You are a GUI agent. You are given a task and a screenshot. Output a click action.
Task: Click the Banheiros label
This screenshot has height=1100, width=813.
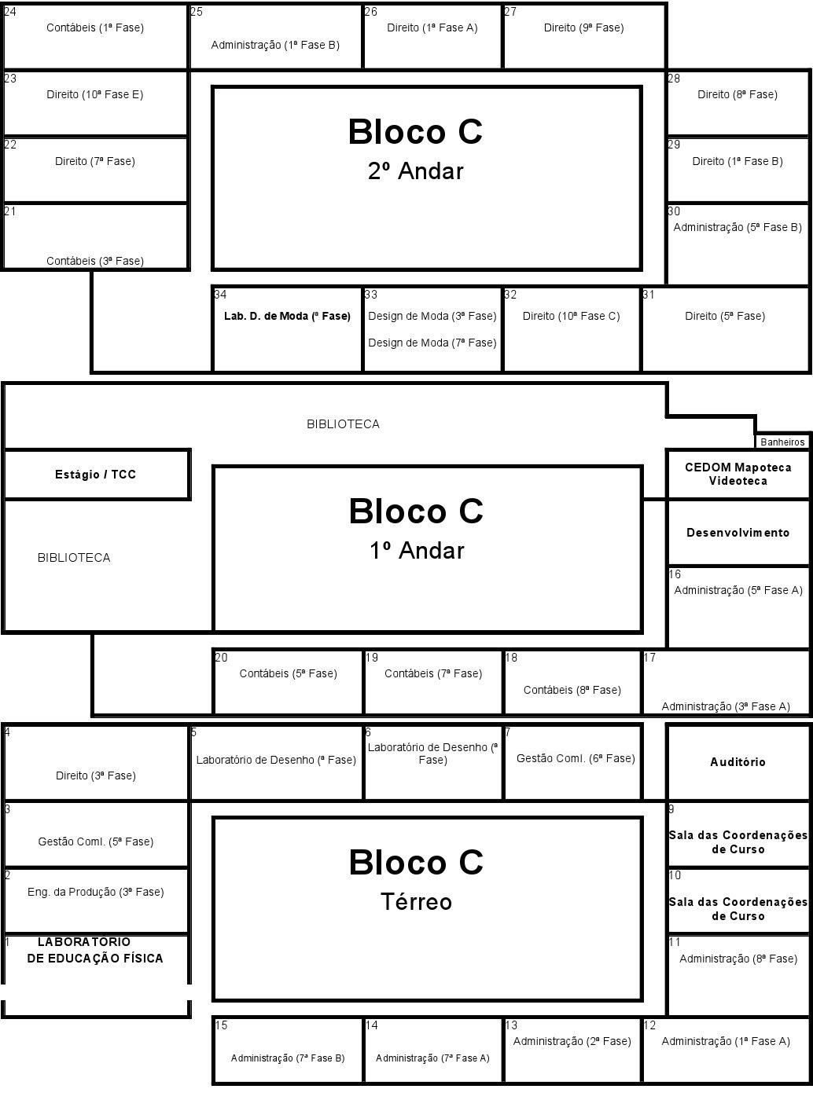782,442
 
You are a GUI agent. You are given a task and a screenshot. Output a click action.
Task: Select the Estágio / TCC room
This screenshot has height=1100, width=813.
95,475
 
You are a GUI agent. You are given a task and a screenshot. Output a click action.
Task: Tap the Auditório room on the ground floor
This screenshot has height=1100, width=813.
738,762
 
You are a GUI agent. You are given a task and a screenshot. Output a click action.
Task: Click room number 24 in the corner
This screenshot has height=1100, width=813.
10,12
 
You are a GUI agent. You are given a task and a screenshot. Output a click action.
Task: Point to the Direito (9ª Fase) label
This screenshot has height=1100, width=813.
583,27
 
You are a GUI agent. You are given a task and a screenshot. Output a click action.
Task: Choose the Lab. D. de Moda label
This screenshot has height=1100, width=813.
287,317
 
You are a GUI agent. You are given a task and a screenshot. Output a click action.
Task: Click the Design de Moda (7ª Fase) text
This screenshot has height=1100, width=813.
432,343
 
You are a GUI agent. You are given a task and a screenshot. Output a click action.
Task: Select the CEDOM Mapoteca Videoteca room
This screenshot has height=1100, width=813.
738,474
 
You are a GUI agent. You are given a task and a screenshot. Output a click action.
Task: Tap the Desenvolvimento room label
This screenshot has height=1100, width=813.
738,533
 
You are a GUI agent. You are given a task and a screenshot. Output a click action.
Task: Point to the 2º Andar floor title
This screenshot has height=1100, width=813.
415,171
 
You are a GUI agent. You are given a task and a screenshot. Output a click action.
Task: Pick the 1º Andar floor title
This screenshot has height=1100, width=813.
417,551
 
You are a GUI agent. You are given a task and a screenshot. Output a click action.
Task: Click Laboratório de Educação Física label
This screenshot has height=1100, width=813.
95,950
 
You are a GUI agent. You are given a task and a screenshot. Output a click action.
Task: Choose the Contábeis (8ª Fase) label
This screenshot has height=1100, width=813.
572,690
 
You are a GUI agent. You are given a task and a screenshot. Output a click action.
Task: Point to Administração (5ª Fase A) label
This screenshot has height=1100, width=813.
738,590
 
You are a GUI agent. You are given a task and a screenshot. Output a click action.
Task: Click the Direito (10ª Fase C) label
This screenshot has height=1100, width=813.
572,317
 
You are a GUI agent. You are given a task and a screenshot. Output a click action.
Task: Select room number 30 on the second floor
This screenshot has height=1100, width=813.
674,211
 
